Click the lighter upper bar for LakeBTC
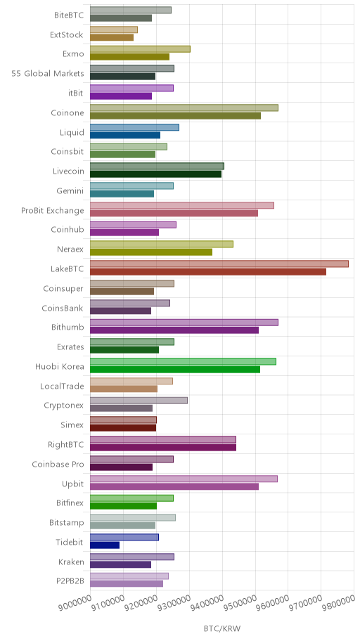[x=219, y=264]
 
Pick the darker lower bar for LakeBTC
[x=208, y=271]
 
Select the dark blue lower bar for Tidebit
[x=105, y=545]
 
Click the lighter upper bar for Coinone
[x=184, y=108]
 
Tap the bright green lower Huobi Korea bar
[x=175, y=370]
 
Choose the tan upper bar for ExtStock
[x=114, y=30]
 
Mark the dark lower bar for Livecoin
[x=155, y=174]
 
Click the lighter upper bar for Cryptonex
[x=139, y=401]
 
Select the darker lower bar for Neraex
[x=151, y=252]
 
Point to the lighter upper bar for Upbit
[x=184, y=479]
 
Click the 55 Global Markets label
[x=48, y=74]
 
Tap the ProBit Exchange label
[x=53, y=211]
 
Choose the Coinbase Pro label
[x=58, y=465]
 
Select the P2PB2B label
[x=70, y=581]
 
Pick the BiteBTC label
[x=69, y=15]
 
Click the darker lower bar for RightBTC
[x=163, y=448]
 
